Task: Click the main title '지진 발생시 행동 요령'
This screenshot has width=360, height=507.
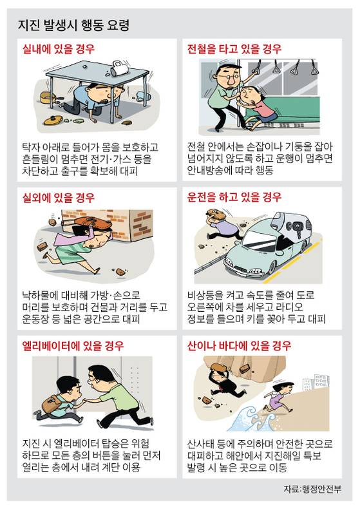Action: pos(73,25)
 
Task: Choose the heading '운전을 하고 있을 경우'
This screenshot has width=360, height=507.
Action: pos(234,197)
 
